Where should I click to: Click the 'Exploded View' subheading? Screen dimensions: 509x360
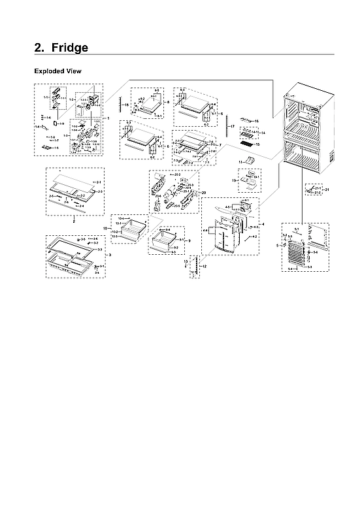pos(57,71)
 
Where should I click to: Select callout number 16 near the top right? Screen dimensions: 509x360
pos(257,122)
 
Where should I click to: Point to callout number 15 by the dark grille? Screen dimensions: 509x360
pos(257,144)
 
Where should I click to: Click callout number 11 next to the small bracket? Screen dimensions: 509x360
pos(240,160)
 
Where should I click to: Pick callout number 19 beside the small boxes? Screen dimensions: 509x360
pos(234,180)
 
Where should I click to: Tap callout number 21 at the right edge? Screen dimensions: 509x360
pos(327,189)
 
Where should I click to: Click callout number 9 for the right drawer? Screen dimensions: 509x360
pos(189,241)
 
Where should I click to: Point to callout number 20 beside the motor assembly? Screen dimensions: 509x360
pos(204,193)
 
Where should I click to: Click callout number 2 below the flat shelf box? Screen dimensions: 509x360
pos(74,222)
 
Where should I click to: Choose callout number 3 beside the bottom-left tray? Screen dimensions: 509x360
pos(110,254)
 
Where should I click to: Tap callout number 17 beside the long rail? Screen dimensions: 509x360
pos(232,125)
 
